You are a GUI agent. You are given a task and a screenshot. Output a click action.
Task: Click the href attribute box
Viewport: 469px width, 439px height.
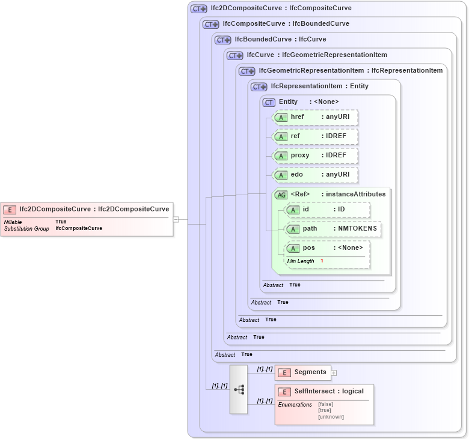[315, 117]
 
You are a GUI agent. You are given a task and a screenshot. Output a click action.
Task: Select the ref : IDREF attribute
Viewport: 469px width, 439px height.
[315, 136]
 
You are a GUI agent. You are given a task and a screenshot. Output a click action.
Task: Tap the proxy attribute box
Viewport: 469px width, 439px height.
[315, 156]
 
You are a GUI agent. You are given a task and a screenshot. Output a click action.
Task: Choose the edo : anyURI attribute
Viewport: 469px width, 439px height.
[315, 175]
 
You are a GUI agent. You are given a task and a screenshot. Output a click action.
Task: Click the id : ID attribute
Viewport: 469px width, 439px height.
[327, 210]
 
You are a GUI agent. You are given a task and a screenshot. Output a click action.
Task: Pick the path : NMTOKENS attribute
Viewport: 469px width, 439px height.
[333, 229]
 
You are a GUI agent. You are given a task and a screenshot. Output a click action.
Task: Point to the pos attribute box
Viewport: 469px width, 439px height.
[327, 248]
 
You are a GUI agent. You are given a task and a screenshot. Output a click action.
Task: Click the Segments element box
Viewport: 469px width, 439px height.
[303, 372]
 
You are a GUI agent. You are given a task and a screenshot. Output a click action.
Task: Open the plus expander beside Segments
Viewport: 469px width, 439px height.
[334, 373]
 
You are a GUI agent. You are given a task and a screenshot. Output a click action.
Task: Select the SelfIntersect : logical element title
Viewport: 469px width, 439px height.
[328, 392]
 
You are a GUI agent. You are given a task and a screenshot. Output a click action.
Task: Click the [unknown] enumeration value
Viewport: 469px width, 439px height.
[331, 417]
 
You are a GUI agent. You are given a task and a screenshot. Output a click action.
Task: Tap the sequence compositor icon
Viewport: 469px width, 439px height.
[239, 389]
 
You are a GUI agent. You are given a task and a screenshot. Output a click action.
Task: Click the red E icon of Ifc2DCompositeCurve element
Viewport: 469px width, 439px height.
[10, 210]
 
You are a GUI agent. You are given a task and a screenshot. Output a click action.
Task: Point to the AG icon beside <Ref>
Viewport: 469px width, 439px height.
[281, 195]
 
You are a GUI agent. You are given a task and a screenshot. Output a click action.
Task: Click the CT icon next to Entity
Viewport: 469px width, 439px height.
[269, 103]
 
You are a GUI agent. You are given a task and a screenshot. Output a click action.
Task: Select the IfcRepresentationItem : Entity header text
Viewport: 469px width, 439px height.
[319, 86]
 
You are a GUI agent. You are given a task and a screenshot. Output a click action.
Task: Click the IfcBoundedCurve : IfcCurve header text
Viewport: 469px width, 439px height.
[280, 40]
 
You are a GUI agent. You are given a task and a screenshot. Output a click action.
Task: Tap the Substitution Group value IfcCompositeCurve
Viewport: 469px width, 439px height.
[79, 229]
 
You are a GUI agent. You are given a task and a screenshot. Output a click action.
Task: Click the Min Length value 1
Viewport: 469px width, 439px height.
[322, 261]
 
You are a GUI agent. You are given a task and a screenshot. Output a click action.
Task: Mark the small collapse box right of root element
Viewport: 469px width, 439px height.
[176, 219]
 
